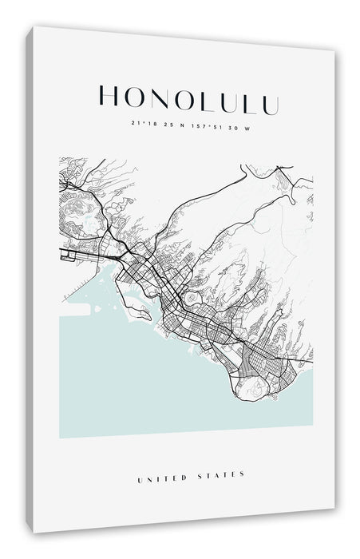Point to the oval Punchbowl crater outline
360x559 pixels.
point(192,297)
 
